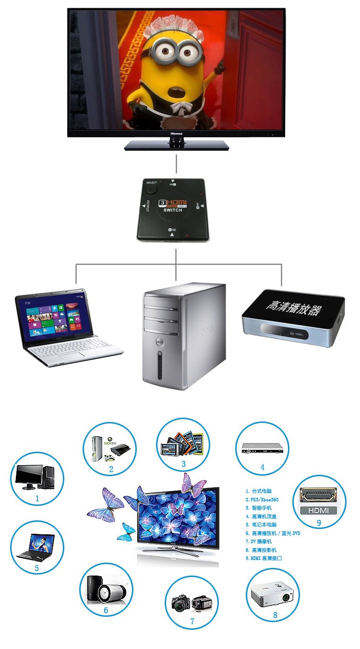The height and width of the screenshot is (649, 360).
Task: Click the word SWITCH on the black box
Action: pos(173,211)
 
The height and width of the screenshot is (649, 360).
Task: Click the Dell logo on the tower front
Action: pos(162,342)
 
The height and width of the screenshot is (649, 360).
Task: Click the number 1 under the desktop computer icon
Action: pos(37,498)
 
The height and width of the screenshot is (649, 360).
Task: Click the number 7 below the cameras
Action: pos(192,621)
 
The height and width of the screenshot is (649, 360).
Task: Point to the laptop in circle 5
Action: pos(37,548)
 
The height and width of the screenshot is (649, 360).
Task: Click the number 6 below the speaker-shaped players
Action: pos(106,611)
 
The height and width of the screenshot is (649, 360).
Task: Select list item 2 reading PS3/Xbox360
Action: pos(262,500)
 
